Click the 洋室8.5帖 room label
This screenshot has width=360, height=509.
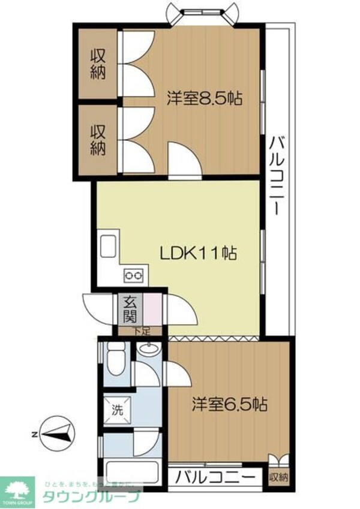(205, 98)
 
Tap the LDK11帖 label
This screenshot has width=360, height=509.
(198, 253)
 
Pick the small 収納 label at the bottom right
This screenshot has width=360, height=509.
(278, 478)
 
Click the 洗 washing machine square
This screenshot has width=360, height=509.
(116, 411)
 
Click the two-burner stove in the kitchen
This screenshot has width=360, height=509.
(133, 276)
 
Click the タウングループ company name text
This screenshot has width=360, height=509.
(91, 497)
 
